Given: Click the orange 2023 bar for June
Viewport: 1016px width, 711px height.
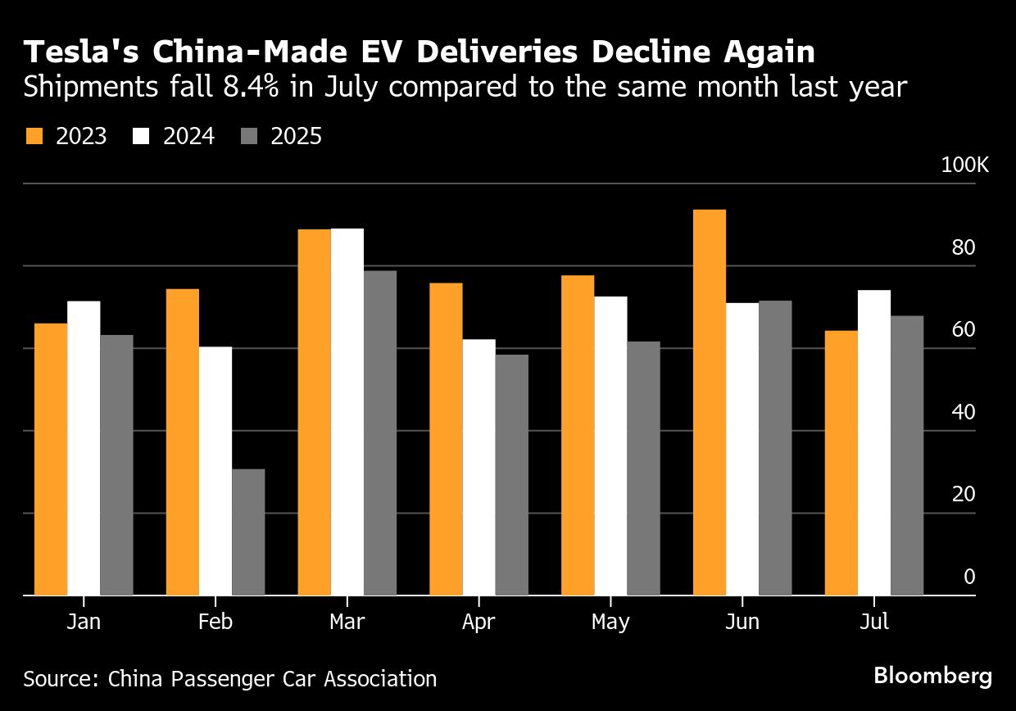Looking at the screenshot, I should click(x=710, y=402).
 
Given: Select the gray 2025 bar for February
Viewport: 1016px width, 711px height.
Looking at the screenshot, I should click(x=248, y=532).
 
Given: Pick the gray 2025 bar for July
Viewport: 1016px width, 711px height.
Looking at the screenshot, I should click(x=907, y=455).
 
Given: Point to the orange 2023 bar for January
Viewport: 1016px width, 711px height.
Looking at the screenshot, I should click(x=51, y=459).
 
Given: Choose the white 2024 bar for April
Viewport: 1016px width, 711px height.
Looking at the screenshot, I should click(x=479, y=467).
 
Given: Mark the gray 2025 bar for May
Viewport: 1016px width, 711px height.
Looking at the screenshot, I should click(x=643, y=468).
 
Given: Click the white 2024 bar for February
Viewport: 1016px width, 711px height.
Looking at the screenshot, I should click(x=215, y=471).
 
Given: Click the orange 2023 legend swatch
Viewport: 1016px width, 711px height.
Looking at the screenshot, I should click(x=34, y=136).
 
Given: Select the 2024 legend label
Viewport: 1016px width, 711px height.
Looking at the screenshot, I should click(x=188, y=136).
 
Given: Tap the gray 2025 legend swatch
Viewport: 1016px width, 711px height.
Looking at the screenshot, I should click(x=248, y=136).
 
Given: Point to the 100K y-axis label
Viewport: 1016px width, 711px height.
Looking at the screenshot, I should click(x=965, y=165).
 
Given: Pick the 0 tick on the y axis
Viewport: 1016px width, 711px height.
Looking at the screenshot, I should click(x=970, y=577).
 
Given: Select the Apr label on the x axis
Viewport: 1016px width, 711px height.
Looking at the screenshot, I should click(x=479, y=623).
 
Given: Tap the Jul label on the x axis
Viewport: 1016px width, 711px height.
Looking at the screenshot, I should click(x=874, y=623).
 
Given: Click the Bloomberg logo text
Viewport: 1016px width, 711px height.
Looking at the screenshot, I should click(x=932, y=677).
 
